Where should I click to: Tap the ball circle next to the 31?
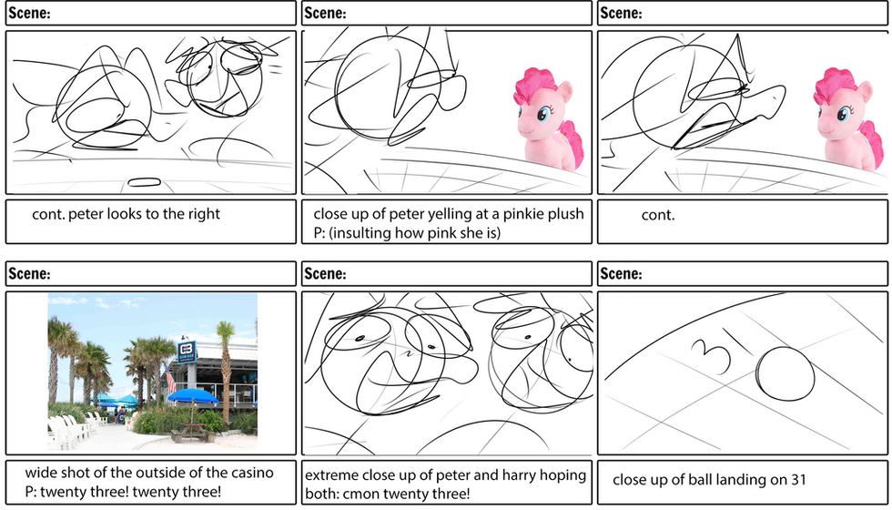[785, 374]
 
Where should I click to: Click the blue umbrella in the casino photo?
[193, 395]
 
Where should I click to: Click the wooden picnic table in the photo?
[192, 433]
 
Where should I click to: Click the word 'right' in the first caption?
[205, 215]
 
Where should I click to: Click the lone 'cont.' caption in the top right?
[657, 216]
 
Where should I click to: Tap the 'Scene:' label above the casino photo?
[28, 274]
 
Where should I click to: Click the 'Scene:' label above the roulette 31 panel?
[621, 274]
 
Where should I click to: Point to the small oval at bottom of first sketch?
[145, 182]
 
